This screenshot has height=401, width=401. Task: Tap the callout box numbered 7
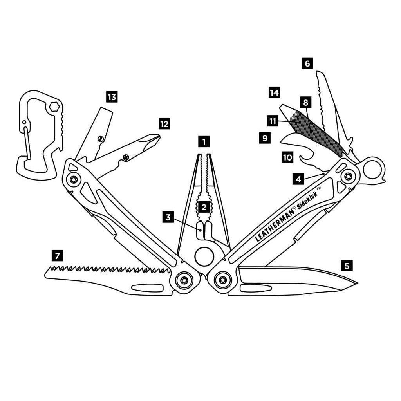58,256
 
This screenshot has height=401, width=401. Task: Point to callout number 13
112,97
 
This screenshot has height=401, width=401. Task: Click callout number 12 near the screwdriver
164,124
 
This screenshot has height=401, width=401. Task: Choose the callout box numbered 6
307,63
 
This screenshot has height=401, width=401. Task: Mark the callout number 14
274,92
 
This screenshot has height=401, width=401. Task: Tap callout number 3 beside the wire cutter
168,217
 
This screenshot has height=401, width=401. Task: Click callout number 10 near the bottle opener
287,157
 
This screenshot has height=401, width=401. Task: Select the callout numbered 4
298,179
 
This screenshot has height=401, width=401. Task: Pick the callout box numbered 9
265,138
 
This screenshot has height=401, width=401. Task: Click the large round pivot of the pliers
204,257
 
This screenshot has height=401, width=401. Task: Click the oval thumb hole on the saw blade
147,288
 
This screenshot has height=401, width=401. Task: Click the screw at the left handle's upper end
73,180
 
